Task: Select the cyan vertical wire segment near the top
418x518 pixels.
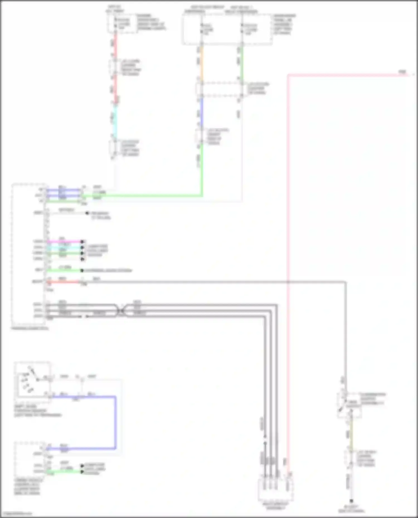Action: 115,120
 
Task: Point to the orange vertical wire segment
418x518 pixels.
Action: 201,63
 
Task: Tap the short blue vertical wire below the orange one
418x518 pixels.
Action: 201,111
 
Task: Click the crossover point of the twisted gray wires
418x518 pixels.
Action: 121,310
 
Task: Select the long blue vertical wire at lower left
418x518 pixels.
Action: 115,422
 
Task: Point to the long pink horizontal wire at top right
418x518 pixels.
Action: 343,75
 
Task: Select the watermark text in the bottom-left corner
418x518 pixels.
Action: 17,514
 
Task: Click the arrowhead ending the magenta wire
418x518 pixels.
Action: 82,241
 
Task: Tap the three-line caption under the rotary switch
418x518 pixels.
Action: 38,411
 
